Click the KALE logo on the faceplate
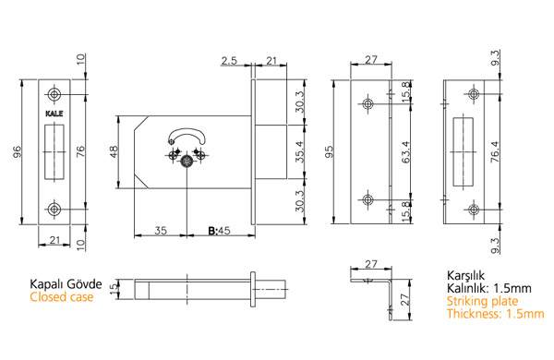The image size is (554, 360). pyautogui.click(x=54, y=114)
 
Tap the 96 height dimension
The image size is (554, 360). pyautogui.click(x=18, y=151)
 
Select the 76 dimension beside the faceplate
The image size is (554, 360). pyautogui.click(x=81, y=151)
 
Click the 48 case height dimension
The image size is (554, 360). pyautogui.click(x=114, y=151)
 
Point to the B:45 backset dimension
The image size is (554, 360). pyautogui.click(x=219, y=231)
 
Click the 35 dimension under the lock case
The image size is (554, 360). pyautogui.click(x=161, y=231)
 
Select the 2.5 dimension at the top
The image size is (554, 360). pyautogui.click(x=229, y=61)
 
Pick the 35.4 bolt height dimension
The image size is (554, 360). pyautogui.click(x=299, y=151)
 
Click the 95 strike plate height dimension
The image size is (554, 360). pyautogui.click(x=329, y=151)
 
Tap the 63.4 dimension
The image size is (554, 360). pyautogui.click(x=405, y=151)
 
